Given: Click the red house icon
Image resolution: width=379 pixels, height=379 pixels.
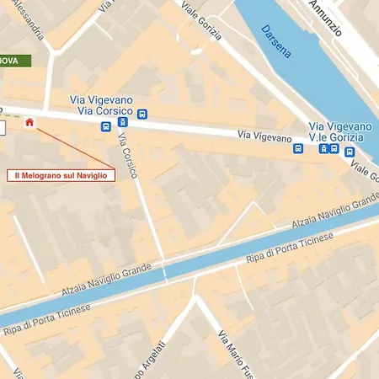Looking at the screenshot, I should coord(30,123).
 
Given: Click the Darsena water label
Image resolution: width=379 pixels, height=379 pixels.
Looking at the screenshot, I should coord(275,41).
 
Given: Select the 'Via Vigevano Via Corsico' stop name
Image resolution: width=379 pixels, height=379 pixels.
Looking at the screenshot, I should coord(102,105).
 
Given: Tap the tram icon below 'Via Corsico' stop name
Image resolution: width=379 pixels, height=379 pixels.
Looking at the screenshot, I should coord(124,121).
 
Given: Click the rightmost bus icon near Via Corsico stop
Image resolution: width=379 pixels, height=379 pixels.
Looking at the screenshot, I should coord(142,114).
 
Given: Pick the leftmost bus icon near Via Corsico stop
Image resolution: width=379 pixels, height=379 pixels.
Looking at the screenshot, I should coord(106,127).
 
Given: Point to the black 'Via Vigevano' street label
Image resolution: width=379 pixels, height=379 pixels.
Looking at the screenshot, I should coord(264,135).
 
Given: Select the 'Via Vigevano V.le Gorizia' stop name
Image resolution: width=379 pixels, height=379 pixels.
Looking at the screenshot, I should coord(338,131).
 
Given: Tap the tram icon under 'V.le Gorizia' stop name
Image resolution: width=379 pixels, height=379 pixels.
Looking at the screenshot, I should coord(323,149).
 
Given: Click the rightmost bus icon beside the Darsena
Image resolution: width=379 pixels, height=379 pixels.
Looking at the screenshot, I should coord(350,152).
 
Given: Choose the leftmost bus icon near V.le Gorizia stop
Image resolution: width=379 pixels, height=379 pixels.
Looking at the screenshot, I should coord(298,148).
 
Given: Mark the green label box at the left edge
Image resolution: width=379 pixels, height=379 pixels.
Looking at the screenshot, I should coord(15,61).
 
